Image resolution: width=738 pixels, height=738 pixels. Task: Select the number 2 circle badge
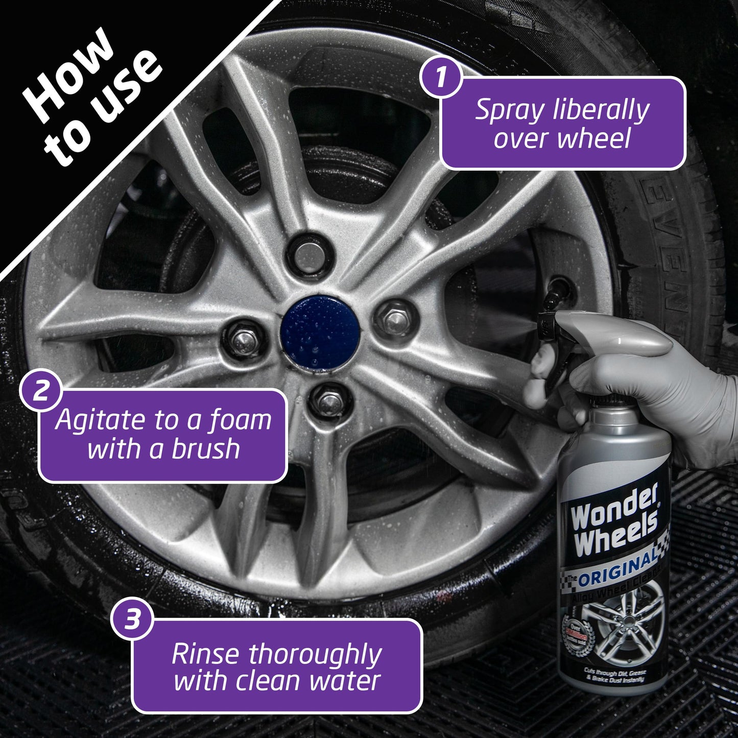(x=40, y=391)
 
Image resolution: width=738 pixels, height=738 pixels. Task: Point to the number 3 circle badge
(x=132, y=621)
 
